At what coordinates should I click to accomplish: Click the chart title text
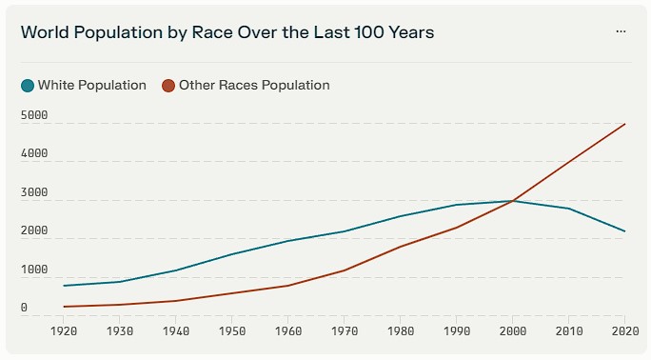pyautogui.click(x=227, y=32)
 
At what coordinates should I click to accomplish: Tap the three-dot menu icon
pyautogui.click(x=621, y=31)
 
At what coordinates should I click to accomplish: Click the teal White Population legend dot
pyautogui.click(x=28, y=86)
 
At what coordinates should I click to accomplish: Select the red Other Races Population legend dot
pyautogui.click(x=168, y=86)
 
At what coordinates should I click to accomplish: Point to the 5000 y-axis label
pyautogui.click(x=34, y=115)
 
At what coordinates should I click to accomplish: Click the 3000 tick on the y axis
pyautogui.click(x=34, y=192)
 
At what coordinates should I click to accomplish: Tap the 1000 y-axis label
pyautogui.click(x=34, y=270)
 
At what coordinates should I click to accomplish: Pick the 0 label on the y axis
pyautogui.click(x=24, y=308)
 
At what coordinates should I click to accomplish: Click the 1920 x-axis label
pyautogui.click(x=64, y=330)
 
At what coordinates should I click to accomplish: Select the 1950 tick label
pyautogui.click(x=232, y=330)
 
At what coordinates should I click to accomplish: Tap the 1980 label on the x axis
pyautogui.click(x=401, y=330)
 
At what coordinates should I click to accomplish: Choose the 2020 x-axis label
pyautogui.click(x=625, y=330)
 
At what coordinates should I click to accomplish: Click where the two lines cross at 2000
pyautogui.click(x=512, y=201)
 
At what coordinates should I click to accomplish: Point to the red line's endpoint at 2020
pyautogui.click(x=625, y=124)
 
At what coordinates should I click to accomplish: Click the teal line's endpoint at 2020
pyautogui.click(x=625, y=231)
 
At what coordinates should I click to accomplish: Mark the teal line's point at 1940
pyautogui.click(x=176, y=270)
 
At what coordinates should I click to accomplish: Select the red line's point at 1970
pyautogui.click(x=345, y=270)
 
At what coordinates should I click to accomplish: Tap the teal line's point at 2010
pyautogui.click(x=569, y=209)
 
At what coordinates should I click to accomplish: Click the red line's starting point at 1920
pyautogui.click(x=64, y=307)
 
